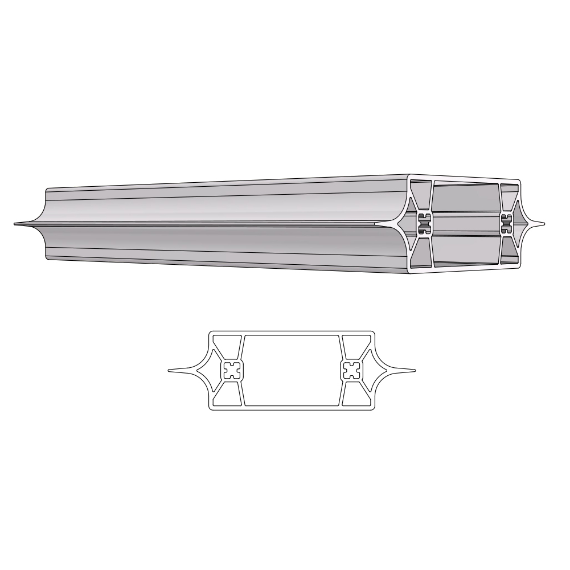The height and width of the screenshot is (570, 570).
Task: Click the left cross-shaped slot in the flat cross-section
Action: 232,371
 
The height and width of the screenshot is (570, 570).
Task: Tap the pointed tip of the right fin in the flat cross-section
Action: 414,371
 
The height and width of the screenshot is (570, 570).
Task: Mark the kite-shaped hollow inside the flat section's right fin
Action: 370,371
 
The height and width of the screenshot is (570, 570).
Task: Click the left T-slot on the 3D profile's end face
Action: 423,224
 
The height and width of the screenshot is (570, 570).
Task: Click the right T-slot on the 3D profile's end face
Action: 506,224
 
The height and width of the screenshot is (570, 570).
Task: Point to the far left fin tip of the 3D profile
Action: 15,224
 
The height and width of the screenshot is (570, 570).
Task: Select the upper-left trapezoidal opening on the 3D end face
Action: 420,194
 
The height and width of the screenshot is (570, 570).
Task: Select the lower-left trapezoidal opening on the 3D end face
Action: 420,254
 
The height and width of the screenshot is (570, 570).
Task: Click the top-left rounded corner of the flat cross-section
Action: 211,333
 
